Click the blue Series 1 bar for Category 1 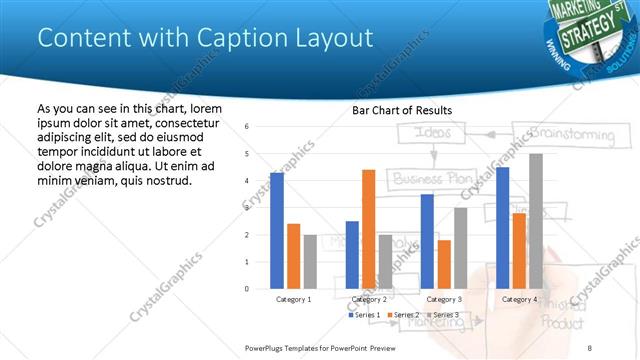[x=277, y=231]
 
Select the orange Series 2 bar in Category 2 [x=368, y=229]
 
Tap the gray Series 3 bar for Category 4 [x=536, y=221]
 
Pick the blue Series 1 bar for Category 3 [x=427, y=241]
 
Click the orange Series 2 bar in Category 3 [x=444, y=264]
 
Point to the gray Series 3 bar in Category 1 [x=310, y=262]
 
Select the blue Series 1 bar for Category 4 [x=502, y=228]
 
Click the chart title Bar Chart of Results [x=403, y=110]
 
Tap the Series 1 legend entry [x=363, y=315]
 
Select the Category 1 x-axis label [x=293, y=299]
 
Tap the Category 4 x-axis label [x=519, y=299]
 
